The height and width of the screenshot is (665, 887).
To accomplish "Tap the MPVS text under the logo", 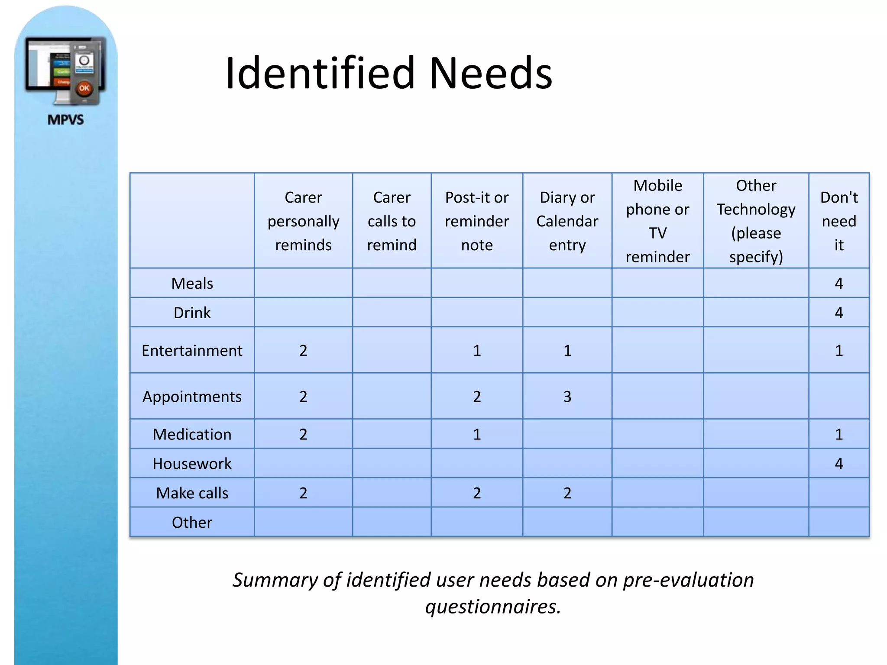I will click(x=66, y=119).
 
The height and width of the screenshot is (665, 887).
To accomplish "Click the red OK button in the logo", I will click(x=84, y=89).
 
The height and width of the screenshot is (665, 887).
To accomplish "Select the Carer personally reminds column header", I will click(x=303, y=221).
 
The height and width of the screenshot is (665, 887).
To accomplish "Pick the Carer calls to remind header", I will click(x=392, y=221).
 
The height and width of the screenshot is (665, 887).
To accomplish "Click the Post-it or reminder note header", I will click(x=477, y=221).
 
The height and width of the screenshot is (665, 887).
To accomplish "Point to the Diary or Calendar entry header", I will click(x=567, y=221).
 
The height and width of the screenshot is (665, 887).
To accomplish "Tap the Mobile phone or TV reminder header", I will click(x=657, y=221).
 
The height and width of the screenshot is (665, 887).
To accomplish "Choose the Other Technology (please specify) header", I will click(x=756, y=221).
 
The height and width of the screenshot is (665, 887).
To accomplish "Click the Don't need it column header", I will click(x=839, y=221).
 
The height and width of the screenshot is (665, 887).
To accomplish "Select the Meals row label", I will click(x=192, y=283).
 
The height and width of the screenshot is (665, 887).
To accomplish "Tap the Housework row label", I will click(x=192, y=464).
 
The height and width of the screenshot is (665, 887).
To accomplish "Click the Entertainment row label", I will click(x=192, y=350).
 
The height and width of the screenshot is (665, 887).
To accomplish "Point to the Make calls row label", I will click(x=192, y=493).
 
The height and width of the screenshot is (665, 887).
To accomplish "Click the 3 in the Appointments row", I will click(x=567, y=397).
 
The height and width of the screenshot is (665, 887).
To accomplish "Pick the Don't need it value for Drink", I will click(x=839, y=313).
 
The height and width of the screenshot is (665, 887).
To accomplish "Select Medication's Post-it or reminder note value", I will click(x=477, y=434).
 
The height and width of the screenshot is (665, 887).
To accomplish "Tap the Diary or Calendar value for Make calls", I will click(x=567, y=493).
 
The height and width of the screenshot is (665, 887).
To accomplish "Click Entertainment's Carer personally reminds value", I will click(x=303, y=350).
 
